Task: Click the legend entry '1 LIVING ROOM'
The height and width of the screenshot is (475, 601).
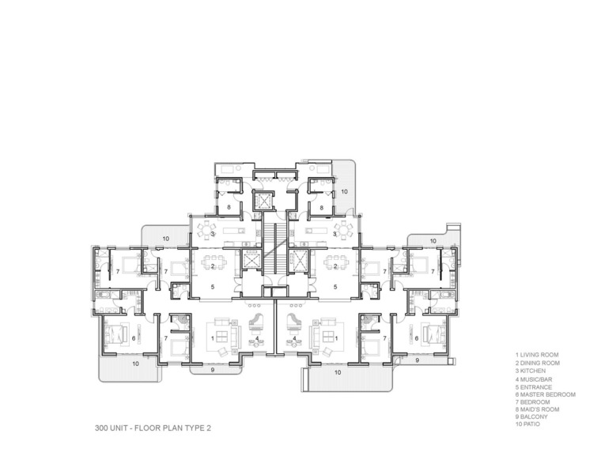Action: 537,355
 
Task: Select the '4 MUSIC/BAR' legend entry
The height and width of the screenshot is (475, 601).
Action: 534,379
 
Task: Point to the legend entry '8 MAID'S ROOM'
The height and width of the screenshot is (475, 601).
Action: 538,409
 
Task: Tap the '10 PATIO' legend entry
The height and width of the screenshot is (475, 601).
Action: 527,424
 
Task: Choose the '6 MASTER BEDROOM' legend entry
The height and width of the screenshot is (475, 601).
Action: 546,394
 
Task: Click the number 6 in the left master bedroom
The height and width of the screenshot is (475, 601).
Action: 134,338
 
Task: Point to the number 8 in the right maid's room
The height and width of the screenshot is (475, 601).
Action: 322,208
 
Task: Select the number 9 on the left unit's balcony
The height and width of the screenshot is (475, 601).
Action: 213,370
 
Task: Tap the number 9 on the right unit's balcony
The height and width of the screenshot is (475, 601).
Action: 418,360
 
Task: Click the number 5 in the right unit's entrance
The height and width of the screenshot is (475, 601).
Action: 335,287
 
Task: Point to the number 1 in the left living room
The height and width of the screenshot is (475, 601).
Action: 213,338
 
